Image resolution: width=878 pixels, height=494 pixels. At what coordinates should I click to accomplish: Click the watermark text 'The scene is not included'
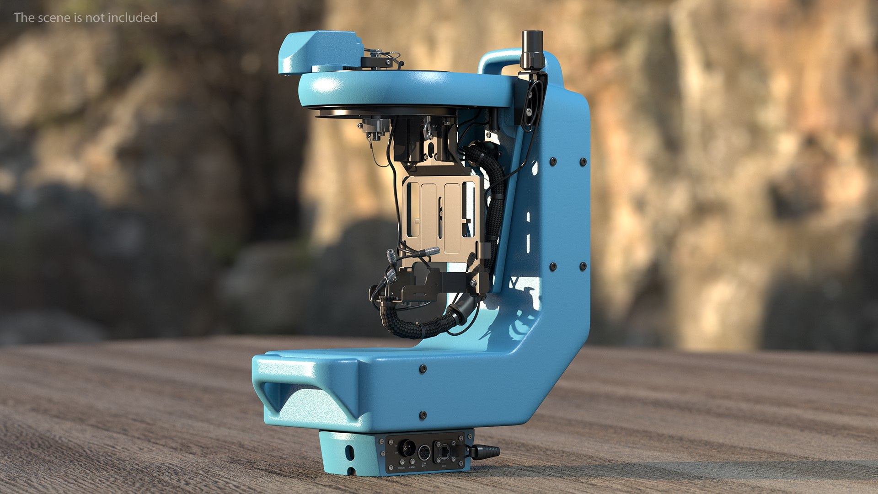point(86,17)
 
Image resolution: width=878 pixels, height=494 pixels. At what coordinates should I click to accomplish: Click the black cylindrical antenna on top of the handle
point(532,48)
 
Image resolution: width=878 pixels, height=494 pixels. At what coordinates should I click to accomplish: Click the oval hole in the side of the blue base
point(350,453)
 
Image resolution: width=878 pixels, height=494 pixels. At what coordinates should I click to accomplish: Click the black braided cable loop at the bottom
point(412,325)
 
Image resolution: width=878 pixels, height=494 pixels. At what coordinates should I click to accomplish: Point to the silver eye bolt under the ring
point(427,129)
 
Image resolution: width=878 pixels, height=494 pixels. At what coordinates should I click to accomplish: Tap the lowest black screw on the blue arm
point(423,415)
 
